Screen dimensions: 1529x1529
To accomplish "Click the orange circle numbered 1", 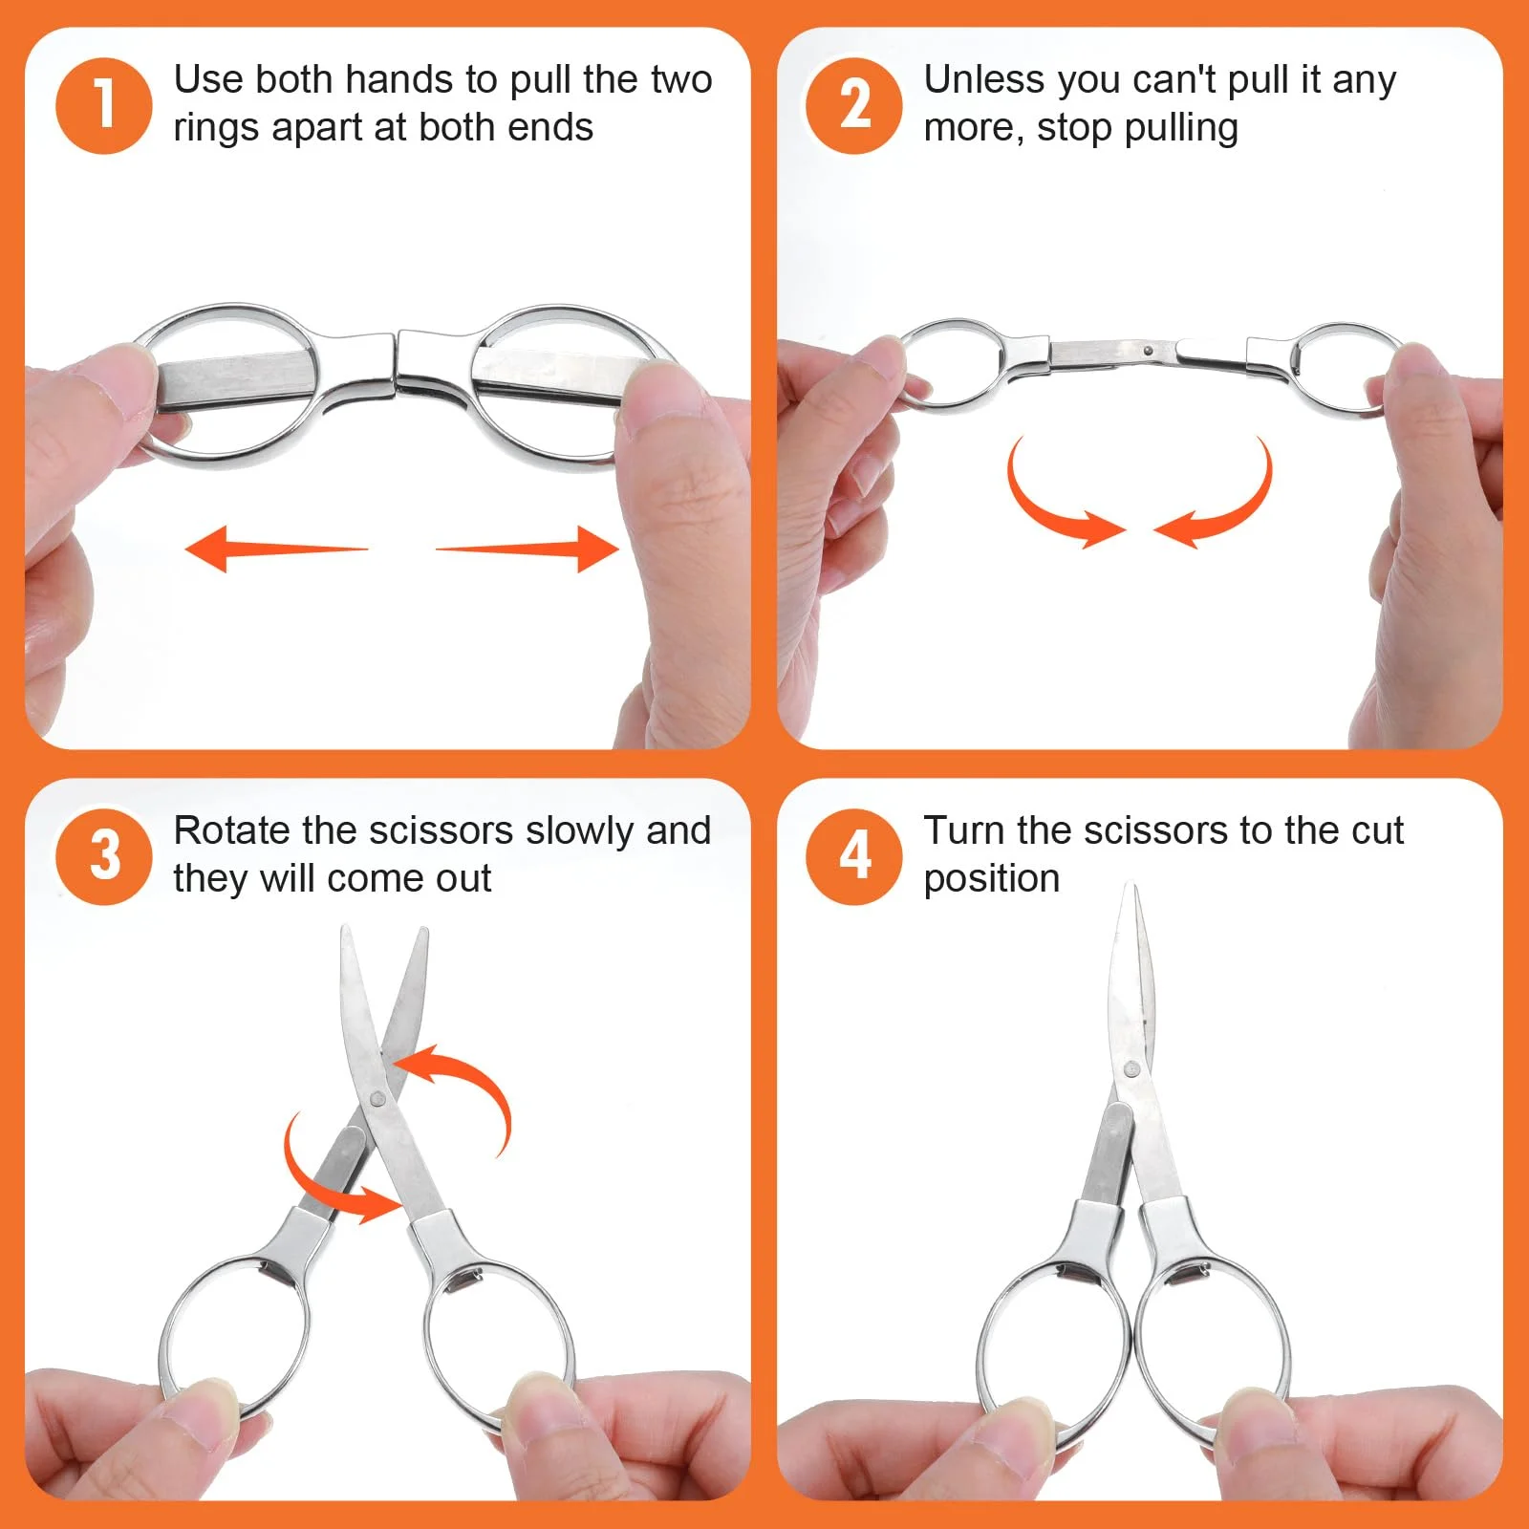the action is click(x=103, y=105).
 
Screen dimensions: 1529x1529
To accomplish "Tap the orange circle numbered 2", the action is click(x=853, y=105).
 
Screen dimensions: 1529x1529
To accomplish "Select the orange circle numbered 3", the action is click(x=103, y=856).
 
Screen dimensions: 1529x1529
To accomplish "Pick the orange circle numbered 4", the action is click(x=853, y=856).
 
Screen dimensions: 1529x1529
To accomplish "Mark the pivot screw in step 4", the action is click(x=1132, y=1069).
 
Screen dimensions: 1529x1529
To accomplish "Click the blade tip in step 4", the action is click(x=1134, y=887).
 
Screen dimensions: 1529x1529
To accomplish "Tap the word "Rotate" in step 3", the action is click(x=232, y=830).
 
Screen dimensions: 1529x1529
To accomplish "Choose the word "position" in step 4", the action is click(x=992, y=879).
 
